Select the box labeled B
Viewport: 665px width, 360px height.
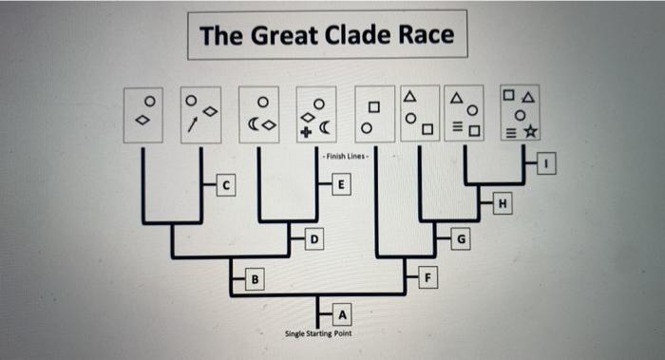(x=254, y=279)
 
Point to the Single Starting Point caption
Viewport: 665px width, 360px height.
(x=316, y=333)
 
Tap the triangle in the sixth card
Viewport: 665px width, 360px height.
(x=410, y=96)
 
